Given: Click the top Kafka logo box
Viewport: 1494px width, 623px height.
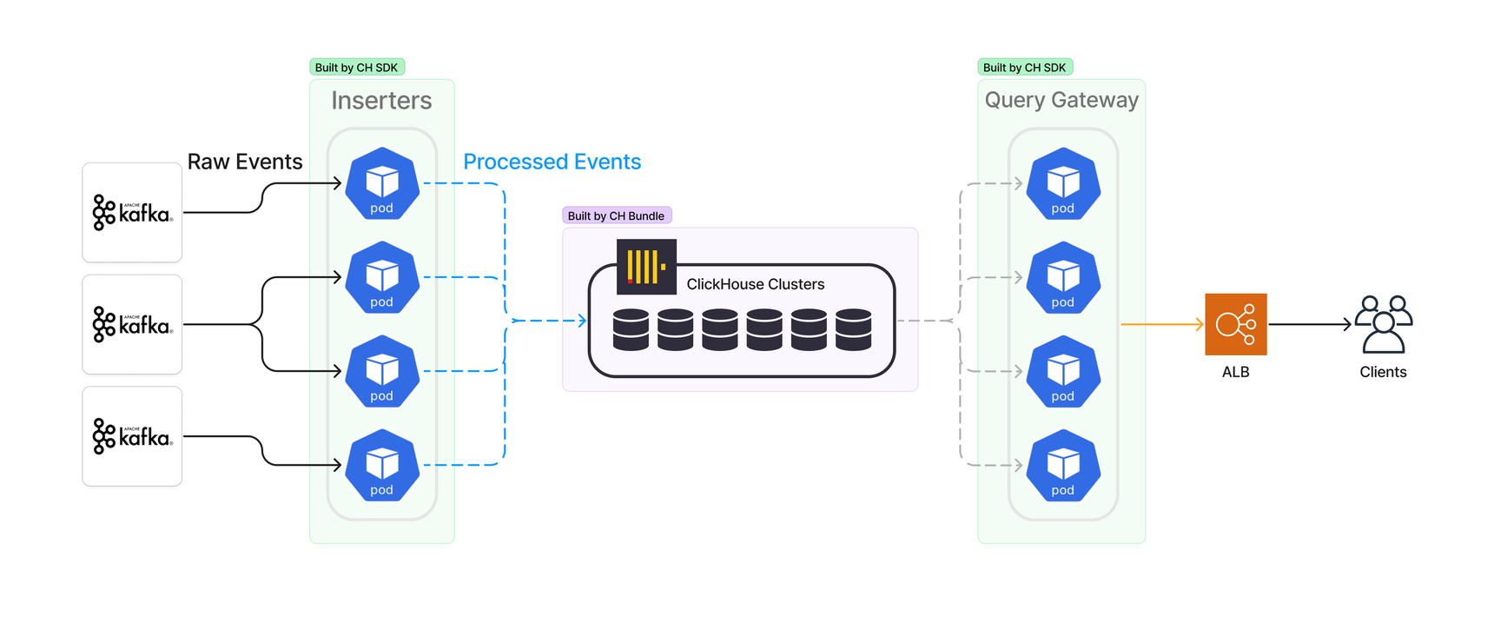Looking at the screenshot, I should pyautogui.click(x=132, y=212).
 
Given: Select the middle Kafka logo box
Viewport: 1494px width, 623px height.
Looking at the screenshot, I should pyautogui.click(x=132, y=324).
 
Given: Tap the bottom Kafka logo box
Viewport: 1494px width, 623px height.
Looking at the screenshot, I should pyautogui.click(x=132, y=436).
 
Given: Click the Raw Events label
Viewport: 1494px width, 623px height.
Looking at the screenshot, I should pyautogui.click(x=245, y=162).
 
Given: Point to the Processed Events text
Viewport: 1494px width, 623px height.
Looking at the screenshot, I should pyautogui.click(x=552, y=162).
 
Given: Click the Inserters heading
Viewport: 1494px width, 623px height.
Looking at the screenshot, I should pyautogui.click(x=381, y=101).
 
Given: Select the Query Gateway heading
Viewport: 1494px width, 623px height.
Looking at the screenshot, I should pyautogui.click(x=1061, y=100).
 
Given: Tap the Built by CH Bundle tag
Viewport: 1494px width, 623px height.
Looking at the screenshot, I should pyautogui.click(x=616, y=215).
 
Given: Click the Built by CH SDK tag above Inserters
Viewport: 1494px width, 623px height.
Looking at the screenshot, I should pyautogui.click(x=356, y=67).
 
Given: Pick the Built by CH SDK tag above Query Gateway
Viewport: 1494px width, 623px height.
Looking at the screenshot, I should pyautogui.click(x=1024, y=67).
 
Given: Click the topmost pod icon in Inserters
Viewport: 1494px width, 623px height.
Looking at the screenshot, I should pyautogui.click(x=382, y=183).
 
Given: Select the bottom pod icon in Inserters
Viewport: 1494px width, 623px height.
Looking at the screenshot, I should pyautogui.click(x=382, y=465).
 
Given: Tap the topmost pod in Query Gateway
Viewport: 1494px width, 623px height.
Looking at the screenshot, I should pyautogui.click(x=1063, y=183).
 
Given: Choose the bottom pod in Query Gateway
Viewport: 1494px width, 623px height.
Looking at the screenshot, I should pyautogui.click(x=1063, y=465).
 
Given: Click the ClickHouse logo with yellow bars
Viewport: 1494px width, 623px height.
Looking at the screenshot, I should pyautogui.click(x=646, y=267).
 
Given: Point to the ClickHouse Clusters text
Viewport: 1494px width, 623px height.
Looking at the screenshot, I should pyautogui.click(x=755, y=284).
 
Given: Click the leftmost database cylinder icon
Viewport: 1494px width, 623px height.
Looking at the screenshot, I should pyautogui.click(x=631, y=329).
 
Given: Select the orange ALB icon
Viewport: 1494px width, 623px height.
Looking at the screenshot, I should pyautogui.click(x=1235, y=324).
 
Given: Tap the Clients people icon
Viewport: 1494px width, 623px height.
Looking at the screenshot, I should pyautogui.click(x=1383, y=324).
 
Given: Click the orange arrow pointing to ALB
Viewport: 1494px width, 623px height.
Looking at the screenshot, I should pyautogui.click(x=1161, y=324).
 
